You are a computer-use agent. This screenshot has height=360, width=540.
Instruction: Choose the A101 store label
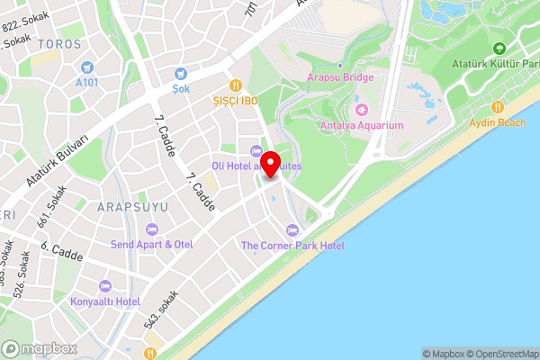click(87, 82)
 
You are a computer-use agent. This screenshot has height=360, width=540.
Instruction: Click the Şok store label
click(183, 89)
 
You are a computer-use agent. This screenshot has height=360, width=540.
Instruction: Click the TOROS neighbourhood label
click(61, 43)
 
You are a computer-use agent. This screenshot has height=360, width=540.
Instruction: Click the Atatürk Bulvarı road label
click(57, 162)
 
